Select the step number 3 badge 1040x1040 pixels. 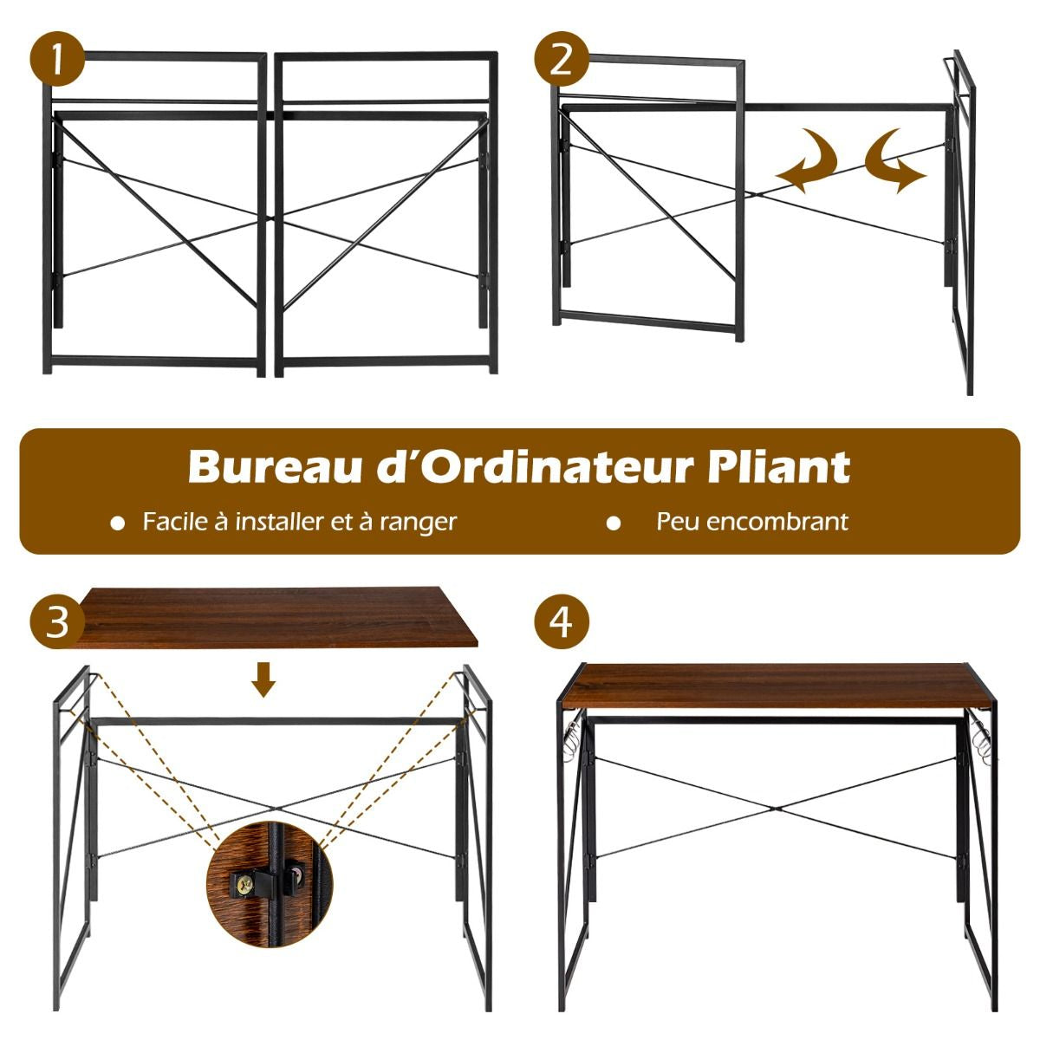click(x=57, y=622)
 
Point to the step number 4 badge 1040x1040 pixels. click(x=562, y=622)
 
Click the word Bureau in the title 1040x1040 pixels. click(x=261, y=467)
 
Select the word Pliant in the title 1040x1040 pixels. click(x=778, y=467)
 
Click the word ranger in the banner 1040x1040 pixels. click(x=418, y=522)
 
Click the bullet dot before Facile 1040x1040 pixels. click(x=118, y=523)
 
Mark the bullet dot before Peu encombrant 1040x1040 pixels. click(x=614, y=523)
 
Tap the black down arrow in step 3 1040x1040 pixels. click(x=264, y=681)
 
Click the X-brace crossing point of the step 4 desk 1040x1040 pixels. click(x=777, y=808)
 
